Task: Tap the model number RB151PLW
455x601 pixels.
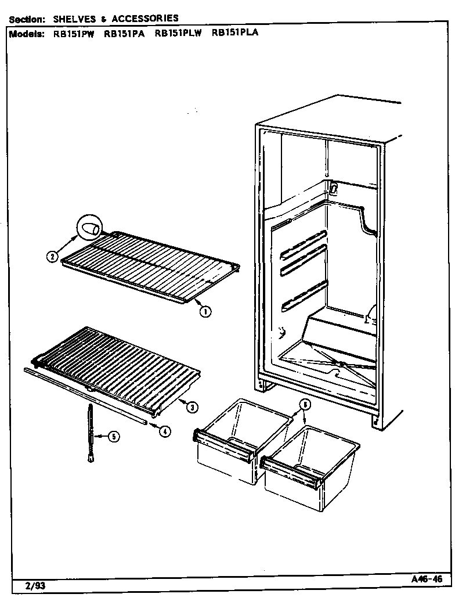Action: pyautogui.click(x=178, y=33)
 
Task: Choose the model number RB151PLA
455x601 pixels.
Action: pyautogui.click(x=235, y=33)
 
